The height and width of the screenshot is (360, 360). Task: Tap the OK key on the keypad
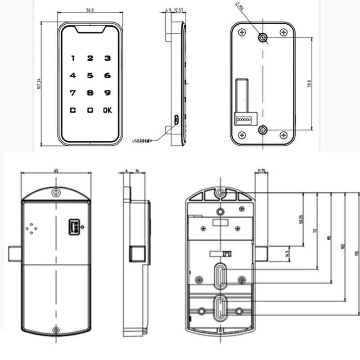click(x=107, y=110)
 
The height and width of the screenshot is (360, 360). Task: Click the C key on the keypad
click(x=72, y=110)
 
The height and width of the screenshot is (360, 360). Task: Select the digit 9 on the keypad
click(x=107, y=93)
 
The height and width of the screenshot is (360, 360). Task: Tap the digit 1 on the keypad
click(x=72, y=58)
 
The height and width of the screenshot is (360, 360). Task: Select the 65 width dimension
click(x=56, y=171)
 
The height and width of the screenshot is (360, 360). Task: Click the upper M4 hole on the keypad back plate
click(x=263, y=38)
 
